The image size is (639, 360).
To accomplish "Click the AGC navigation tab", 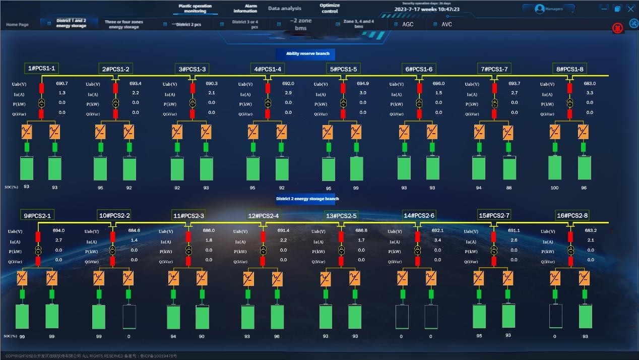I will click(x=407, y=24).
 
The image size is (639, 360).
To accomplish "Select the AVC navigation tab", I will click(x=446, y=24).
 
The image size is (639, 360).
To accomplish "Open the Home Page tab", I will click(x=17, y=25).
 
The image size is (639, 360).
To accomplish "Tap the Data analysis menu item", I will click(x=285, y=9).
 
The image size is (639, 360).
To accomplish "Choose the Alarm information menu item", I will click(x=245, y=9).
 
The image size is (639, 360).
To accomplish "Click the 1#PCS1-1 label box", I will click(x=42, y=69).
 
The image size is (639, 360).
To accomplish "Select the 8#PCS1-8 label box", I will click(x=570, y=69).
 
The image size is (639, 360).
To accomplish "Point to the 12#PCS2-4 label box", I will click(x=263, y=216).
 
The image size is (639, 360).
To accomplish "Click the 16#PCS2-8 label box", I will click(x=572, y=216).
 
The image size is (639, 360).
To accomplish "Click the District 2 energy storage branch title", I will click(x=307, y=199).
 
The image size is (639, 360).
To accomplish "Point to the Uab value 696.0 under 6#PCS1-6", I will click(x=438, y=84).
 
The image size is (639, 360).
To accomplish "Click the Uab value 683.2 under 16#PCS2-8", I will click(x=591, y=230).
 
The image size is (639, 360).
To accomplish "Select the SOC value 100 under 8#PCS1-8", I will click(x=554, y=188).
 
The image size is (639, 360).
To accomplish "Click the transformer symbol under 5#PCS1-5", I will click(x=343, y=103).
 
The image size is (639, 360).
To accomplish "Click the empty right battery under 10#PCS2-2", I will click(x=129, y=317).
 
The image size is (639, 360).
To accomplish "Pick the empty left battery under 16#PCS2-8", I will click(x=555, y=316).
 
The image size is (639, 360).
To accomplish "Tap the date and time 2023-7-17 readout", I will click(x=427, y=9).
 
